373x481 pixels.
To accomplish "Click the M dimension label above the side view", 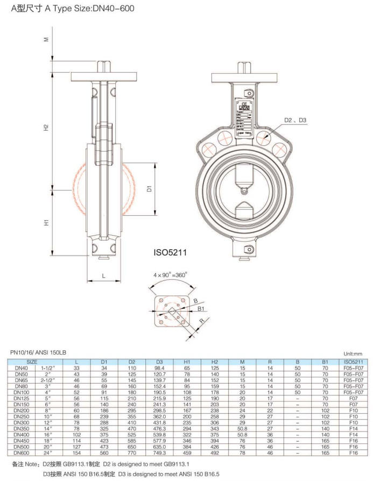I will point(47,39).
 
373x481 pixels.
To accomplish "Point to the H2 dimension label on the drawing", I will point(47,128).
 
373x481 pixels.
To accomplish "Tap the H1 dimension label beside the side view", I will point(47,222).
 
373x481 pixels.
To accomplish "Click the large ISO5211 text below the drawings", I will point(171,251).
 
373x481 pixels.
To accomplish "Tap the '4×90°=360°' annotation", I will point(170,274).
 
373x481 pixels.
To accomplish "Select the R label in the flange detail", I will point(201,322).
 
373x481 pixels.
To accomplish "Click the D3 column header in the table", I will point(159,362).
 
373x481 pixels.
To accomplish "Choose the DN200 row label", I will point(21,411).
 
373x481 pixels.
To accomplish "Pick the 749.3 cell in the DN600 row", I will point(159,454).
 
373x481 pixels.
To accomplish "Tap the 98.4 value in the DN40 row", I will point(159,367).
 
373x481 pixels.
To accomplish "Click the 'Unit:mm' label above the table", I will point(354,353).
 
